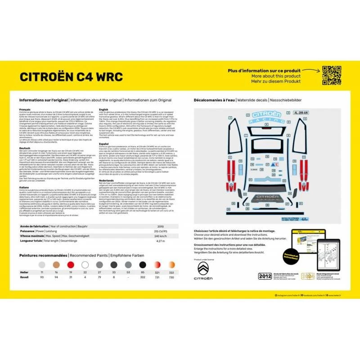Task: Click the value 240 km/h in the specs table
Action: (161, 235)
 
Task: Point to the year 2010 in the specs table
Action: (161, 226)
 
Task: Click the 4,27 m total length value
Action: (161, 241)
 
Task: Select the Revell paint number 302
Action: (142, 278)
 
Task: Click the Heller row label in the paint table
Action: (24, 273)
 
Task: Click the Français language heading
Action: (25, 109)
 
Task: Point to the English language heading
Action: (103, 109)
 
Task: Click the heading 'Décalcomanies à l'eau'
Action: (215, 100)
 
